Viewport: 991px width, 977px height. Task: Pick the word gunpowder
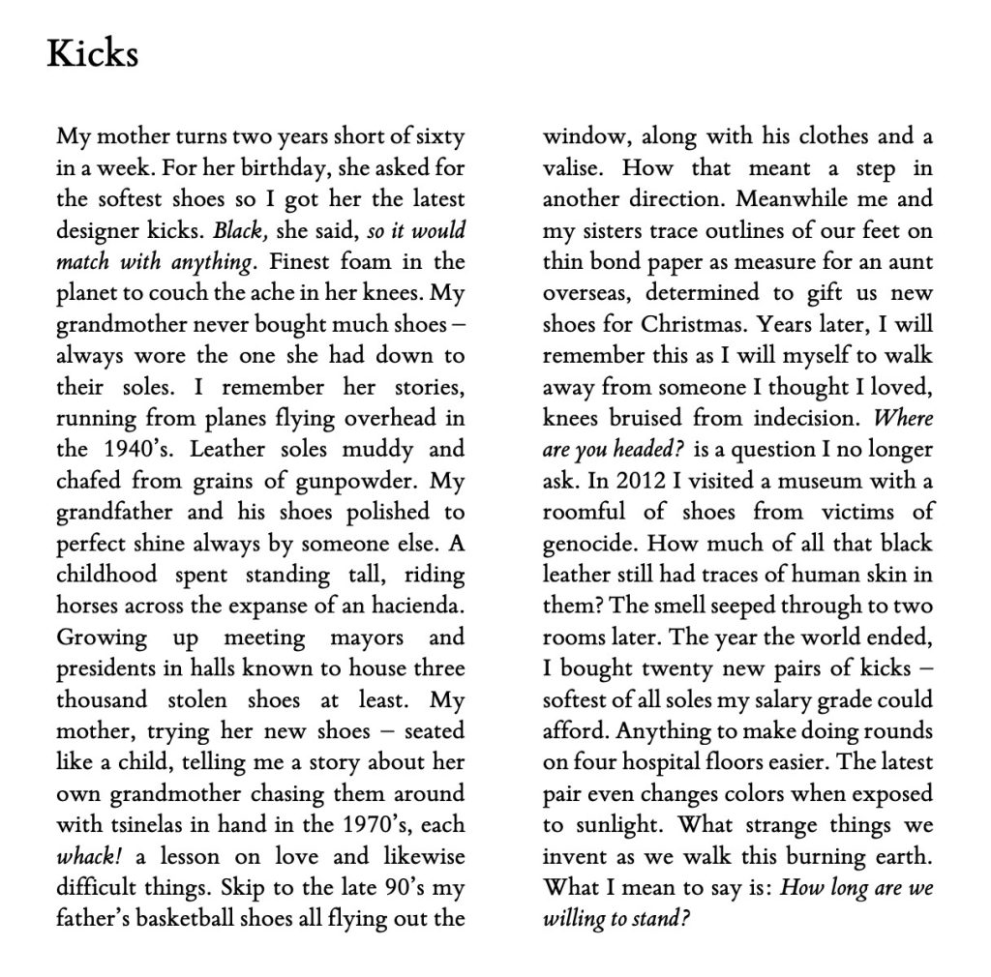[x=375, y=482]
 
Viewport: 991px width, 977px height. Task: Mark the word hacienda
[x=423, y=607]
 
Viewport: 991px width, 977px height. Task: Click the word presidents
[x=105, y=669]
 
